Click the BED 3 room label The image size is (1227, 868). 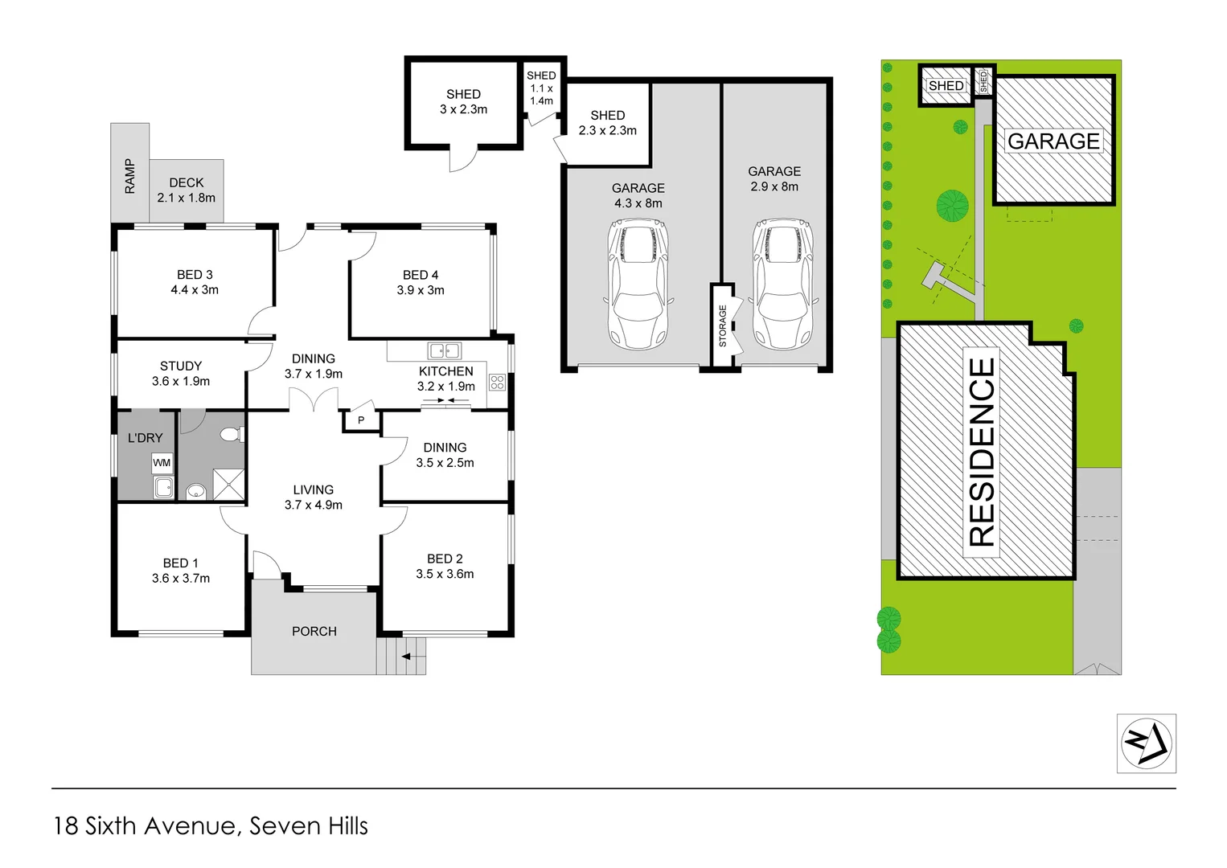point(195,282)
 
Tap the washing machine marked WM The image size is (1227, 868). point(162,463)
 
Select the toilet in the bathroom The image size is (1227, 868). point(230,435)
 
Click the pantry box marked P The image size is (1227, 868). point(361,420)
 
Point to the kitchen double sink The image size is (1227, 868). point(444,350)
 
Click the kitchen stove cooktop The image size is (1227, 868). point(497,383)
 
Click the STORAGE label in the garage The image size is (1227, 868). point(722,326)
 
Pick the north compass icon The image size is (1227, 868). point(1147,743)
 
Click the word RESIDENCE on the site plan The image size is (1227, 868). point(982,452)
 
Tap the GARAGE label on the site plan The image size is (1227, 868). point(1053,141)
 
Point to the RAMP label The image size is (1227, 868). point(130,175)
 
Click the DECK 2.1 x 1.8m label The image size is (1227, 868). point(187,190)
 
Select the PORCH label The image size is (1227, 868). point(314,632)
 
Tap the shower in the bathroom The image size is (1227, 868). point(228,485)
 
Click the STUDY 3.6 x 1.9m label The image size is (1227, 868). point(181,374)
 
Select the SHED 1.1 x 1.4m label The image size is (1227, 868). point(541,88)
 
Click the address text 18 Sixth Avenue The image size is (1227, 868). point(145,826)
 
